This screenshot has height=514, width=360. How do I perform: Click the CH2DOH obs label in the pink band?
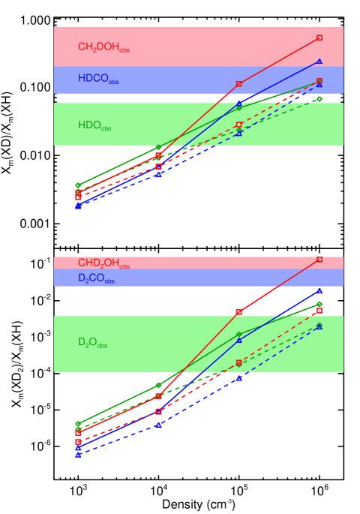pyautogui.click(x=103, y=47)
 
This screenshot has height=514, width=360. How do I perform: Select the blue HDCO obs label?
pyautogui.click(x=98, y=79)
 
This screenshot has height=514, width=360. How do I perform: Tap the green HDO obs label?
pyautogui.click(x=94, y=126)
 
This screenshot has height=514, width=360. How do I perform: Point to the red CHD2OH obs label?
pyautogui.click(x=103, y=263)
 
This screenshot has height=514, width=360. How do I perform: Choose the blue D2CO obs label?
pyautogui.click(x=96, y=278)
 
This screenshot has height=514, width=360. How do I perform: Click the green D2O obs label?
pyautogui.click(x=92, y=343)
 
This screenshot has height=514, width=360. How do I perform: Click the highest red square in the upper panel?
pyautogui.click(x=319, y=38)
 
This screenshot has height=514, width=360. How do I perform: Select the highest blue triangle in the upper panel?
pyautogui.click(x=319, y=62)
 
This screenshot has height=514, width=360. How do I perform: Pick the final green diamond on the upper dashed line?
pyautogui.click(x=319, y=98)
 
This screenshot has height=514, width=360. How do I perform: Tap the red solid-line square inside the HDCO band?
pyautogui.click(x=239, y=84)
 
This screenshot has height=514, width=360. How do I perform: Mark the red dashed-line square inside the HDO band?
pyautogui.click(x=239, y=125)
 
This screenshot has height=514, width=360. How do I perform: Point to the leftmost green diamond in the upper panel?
pyautogui.click(x=78, y=185)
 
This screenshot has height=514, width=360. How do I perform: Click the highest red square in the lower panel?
pyautogui.click(x=319, y=259)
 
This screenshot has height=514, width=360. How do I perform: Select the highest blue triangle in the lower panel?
pyautogui.click(x=319, y=290)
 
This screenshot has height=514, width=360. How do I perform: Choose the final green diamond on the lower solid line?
pyautogui.click(x=319, y=304)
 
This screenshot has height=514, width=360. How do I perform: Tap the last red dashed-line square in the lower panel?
pyautogui.click(x=319, y=310)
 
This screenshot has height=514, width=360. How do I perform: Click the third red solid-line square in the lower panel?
pyautogui.click(x=239, y=312)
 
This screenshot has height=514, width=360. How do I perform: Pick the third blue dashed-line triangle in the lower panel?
pyautogui.click(x=239, y=378)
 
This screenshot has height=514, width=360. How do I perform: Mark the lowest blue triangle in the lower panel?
pyautogui.click(x=78, y=455)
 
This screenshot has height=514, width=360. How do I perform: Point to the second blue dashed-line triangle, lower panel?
pyautogui.click(x=158, y=425)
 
